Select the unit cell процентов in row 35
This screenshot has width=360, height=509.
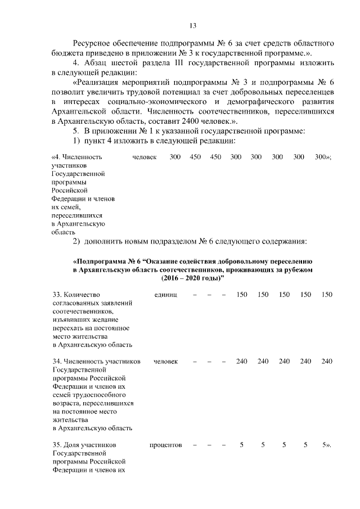tap(165, 445)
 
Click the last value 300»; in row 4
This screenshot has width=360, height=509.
tap(323, 157)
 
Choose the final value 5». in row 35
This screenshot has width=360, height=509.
tap(326, 445)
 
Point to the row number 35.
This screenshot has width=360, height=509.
tap(57, 445)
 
